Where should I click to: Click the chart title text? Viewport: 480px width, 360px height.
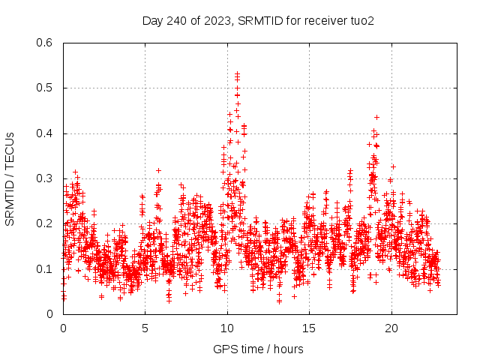[x=258, y=20]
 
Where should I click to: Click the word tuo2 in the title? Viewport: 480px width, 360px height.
[x=361, y=20]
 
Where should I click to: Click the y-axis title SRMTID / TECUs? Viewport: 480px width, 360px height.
[x=10, y=178]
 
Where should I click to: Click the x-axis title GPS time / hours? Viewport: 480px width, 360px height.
[x=258, y=349]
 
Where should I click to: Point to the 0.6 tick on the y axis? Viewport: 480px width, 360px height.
[x=45, y=43]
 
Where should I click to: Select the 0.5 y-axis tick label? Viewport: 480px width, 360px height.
[x=45, y=88]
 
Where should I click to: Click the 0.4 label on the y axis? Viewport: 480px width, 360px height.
[x=45, y=133]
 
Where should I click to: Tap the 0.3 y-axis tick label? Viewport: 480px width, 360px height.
[x=45, y=178]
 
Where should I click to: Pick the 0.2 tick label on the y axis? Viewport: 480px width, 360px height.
[x=45, y=223]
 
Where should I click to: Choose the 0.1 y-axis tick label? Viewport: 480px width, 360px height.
[x=45, y=268]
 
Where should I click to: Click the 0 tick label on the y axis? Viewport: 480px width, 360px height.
[x=49, y=313]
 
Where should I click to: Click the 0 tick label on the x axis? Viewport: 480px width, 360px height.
[x=63, y=328]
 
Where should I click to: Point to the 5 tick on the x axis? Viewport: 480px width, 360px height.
[x=145, y=328]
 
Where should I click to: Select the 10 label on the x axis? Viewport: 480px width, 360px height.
[x=227, y=328]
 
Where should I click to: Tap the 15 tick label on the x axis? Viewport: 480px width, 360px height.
[x=309, y=328]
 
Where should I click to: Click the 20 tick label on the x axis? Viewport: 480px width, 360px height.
[x=391, y=328]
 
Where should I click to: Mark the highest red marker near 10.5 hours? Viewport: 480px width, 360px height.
[x=237, y=73]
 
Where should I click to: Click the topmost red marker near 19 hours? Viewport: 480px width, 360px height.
[x=376, y=117]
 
